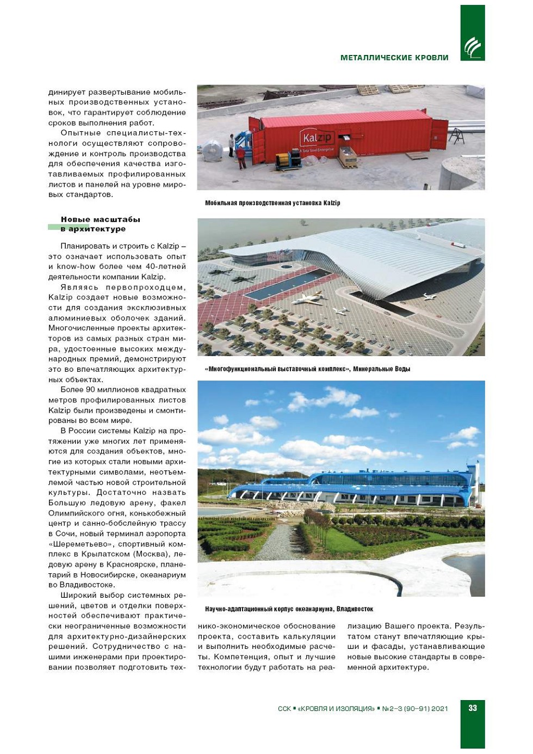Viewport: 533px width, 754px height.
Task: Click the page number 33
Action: [472, 708]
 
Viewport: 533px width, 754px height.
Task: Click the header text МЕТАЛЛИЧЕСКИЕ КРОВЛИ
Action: [394, 58]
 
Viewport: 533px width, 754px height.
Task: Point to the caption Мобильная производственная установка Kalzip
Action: [272, 203]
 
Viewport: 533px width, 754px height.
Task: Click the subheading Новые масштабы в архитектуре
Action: [100, 224]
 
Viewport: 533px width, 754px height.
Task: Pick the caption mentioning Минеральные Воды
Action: [307, 369]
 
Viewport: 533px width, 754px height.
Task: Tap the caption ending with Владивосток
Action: [289, 609]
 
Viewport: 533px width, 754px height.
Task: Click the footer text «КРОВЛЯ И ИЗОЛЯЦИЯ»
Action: [336, 709]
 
